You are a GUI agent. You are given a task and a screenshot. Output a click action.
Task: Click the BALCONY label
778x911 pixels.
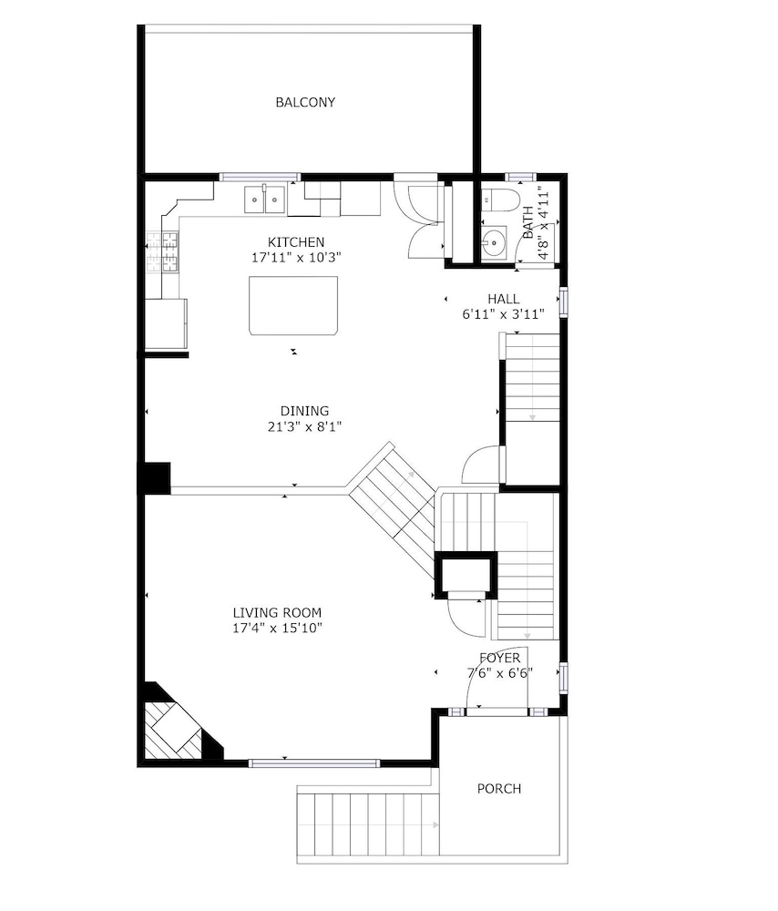[x=305, y=102]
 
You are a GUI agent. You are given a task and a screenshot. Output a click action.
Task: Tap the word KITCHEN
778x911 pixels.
[x=296, y=242]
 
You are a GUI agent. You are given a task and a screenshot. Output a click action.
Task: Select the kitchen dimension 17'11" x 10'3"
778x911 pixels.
[x=296, y=258]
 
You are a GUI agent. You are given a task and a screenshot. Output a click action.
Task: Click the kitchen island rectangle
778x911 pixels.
[x=293, y=305]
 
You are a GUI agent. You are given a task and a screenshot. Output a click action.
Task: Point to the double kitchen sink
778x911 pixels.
[x=264, y=199]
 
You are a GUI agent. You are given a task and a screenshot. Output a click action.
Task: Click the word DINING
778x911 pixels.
[x=304, y=412]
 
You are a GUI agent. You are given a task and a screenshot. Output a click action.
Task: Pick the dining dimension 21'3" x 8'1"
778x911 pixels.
[x=304, y=427]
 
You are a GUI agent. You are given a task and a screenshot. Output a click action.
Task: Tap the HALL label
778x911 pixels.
[x=503, y=299]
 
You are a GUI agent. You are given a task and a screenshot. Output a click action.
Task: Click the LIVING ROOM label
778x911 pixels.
[x=277, y=612]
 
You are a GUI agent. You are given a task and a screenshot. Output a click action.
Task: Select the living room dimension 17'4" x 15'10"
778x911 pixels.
[x=277, y=628]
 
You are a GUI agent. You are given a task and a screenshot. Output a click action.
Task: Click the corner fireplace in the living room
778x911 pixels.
[x=178, y=726]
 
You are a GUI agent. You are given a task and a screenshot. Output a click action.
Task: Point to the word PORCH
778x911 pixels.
[x=499, y=789]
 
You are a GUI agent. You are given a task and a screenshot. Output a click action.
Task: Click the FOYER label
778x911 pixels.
[x=499, y=659]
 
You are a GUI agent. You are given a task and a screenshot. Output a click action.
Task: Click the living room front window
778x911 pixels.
[x=313, y=763]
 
